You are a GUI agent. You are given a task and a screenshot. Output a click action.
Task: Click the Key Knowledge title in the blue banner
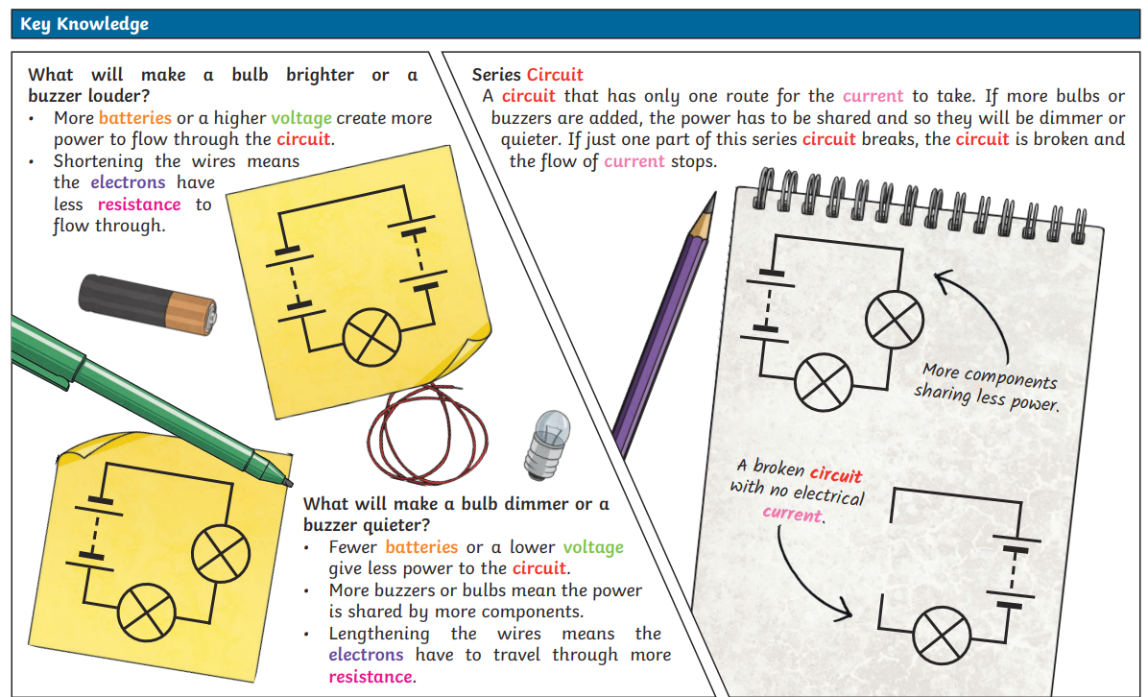(x=84, y=24)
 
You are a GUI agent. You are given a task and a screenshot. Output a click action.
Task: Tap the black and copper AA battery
(x=147, y=304)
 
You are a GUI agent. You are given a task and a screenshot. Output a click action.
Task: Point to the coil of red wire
(x=427, y=434)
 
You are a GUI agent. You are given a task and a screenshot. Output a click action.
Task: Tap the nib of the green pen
(x=287, y=482)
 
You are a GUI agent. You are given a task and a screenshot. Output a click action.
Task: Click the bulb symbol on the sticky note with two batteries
(x=371, y=337)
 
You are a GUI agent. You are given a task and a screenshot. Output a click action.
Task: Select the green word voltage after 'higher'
(x=300, y=119)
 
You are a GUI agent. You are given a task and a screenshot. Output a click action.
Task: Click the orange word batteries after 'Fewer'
(x=421, y=547)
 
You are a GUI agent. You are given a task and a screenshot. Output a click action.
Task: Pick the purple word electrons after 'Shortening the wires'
(x=128, y=182)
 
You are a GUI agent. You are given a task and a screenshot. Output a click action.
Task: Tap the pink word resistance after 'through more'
(x=371, y=677)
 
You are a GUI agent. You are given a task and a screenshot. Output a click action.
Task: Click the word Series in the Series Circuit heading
(x=495, y=75)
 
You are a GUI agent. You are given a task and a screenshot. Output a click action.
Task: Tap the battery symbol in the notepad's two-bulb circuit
(x=767, y=304)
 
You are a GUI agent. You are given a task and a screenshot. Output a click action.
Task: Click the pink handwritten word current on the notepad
(x=793, y=514)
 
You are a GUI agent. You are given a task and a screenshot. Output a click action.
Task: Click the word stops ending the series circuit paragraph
(x=693, y=161)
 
